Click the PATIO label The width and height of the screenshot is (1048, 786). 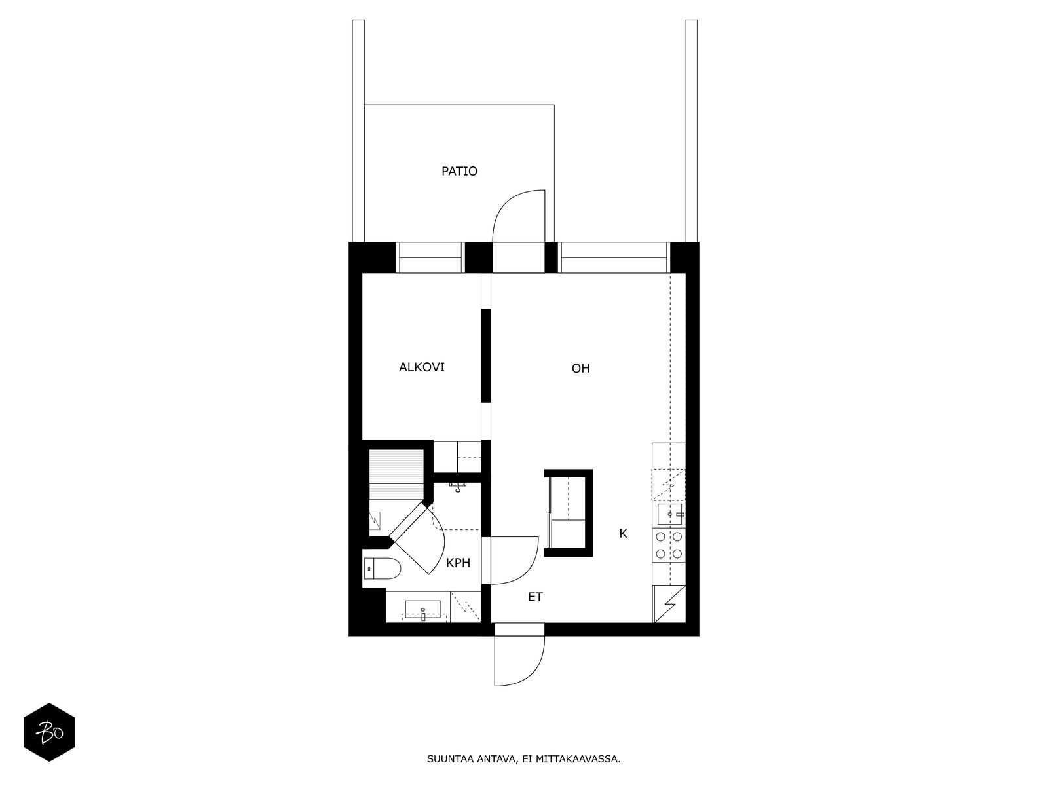(x=459, y=172)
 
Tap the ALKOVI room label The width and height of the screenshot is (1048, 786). (x=422, y=367)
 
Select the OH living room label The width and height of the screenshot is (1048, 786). (x=581, y=369)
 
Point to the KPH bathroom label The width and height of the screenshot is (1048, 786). (x=458, y=563)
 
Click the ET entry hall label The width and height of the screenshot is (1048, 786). (x=536, y=597)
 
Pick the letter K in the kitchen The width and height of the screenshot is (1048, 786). (x=624, y=534)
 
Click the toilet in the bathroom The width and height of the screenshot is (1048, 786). (x=383, y=569)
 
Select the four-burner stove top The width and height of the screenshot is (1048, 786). (x=669, y=546)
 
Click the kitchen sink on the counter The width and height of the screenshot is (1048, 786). (x=669, y=514)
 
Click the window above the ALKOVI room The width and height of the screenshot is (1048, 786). (x=430, y=257)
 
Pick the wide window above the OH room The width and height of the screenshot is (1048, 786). (x=614, y=257)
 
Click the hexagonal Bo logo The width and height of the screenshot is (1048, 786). (x=50, y=733)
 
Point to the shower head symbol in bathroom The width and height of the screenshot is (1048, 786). (x=458, y=486)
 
